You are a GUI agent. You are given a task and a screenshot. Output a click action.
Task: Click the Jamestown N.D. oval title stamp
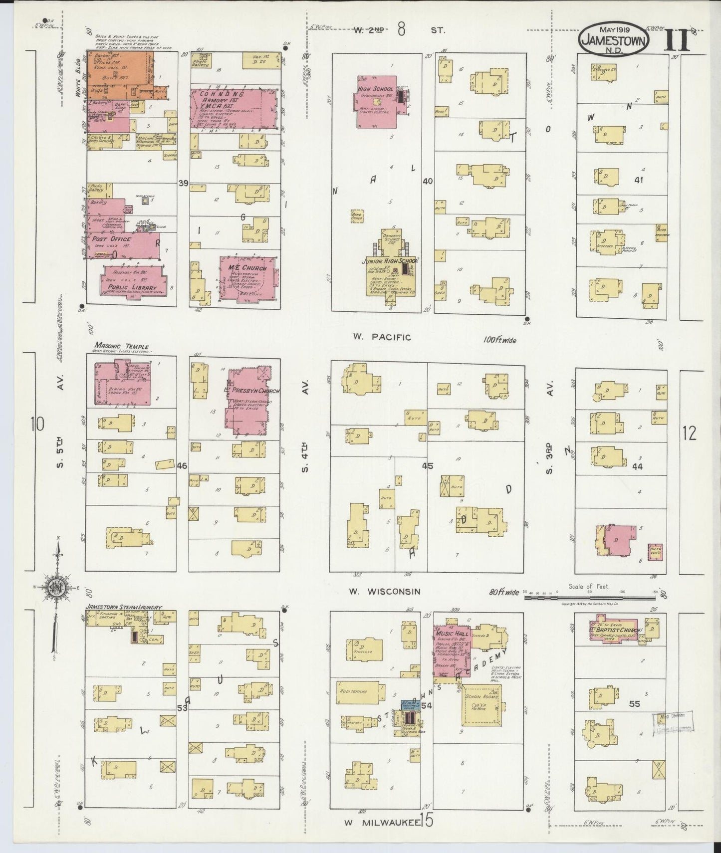coord(614,40)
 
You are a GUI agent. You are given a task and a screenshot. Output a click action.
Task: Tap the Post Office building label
coord(111,239)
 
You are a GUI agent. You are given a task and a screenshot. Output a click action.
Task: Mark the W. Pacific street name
coord(382,337)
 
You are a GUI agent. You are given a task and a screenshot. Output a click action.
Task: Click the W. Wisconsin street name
coord(384,592)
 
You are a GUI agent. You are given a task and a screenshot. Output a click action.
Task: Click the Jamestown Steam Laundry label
coord(123,608)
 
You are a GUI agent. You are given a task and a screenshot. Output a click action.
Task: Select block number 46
coord(182,466)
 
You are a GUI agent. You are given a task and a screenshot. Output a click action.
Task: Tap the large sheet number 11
coord(677,40)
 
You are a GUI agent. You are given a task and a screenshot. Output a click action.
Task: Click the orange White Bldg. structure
coord(120,75)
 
